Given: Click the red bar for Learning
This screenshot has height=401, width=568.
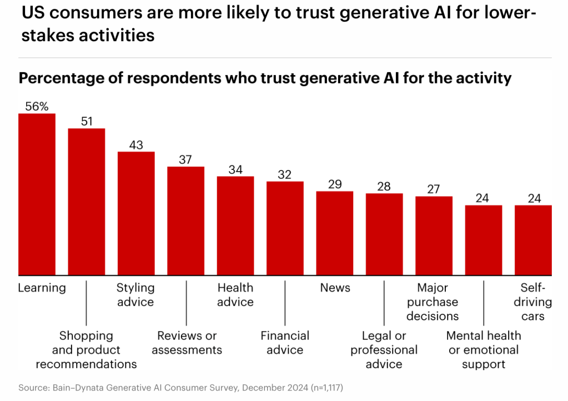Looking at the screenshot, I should (37, 194).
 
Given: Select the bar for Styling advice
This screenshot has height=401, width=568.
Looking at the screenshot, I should (136, 213).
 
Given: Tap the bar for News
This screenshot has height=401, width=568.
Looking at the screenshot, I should (335, 233).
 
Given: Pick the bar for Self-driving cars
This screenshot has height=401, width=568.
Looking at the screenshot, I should (533, 240).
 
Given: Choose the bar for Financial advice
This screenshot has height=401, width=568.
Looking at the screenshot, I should (285, 228).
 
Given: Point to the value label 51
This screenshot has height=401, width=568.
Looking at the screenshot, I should (87, 122).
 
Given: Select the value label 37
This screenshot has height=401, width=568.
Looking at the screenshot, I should (185, 159).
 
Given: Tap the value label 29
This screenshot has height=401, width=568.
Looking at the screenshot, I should (335, 184).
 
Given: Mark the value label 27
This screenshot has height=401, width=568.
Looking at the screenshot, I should (434, 189).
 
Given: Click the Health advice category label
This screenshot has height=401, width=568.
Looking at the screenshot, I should (235, 295).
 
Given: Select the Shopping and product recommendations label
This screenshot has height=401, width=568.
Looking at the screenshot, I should (86, 350).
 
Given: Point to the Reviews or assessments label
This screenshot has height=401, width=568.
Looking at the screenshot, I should (187, 343).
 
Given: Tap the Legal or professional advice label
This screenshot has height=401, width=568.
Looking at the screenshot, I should (384, 350).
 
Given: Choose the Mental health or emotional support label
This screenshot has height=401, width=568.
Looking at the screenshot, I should (484, 350).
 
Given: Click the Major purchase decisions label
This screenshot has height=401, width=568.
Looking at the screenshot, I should (433, 302).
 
